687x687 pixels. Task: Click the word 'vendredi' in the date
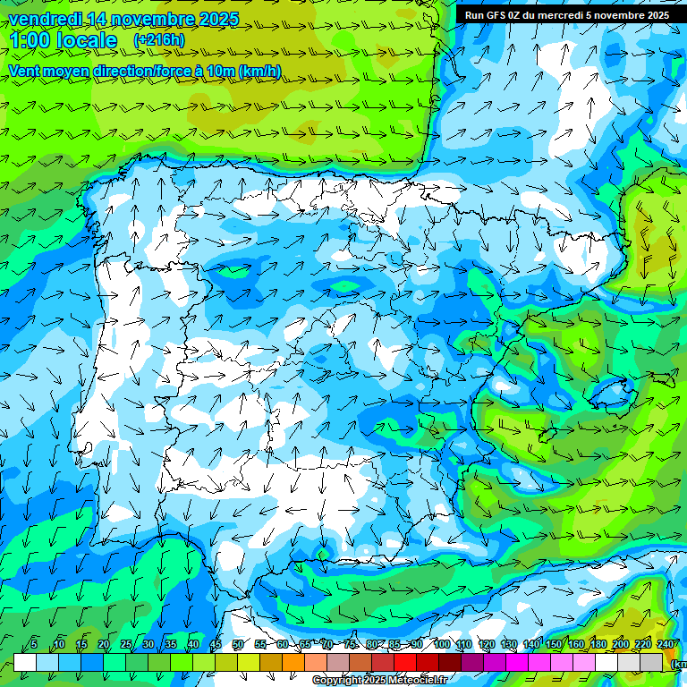pyautogui.click(x=45, y=19)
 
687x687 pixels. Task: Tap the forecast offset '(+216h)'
pyautogui.click(x=158, y=40)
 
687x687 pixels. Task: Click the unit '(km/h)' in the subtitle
pyautogui.click(x=259, y=72)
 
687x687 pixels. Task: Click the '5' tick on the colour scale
pyautogui.click(x=34, y=644)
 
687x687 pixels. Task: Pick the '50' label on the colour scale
pyautogui.click(x=237, y=644)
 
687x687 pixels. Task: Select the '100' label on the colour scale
pyautogui.click(x=441, y=644)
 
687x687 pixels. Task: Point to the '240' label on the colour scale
pyautogui.click(x=666, y=644)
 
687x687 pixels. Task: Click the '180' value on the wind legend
pyautogui.click(x=598, y=644)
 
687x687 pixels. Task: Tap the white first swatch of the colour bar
pyautogui.click(x=25, y=662)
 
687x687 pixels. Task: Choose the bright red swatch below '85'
pyautogui.click(x=405, y=662)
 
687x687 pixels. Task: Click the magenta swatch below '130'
pyautogui.click(x=517, y=662)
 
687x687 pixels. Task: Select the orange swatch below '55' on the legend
pyautogui.click(x=271, y=662)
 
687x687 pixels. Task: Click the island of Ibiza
pyautogui.click(x=547, y=436)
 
